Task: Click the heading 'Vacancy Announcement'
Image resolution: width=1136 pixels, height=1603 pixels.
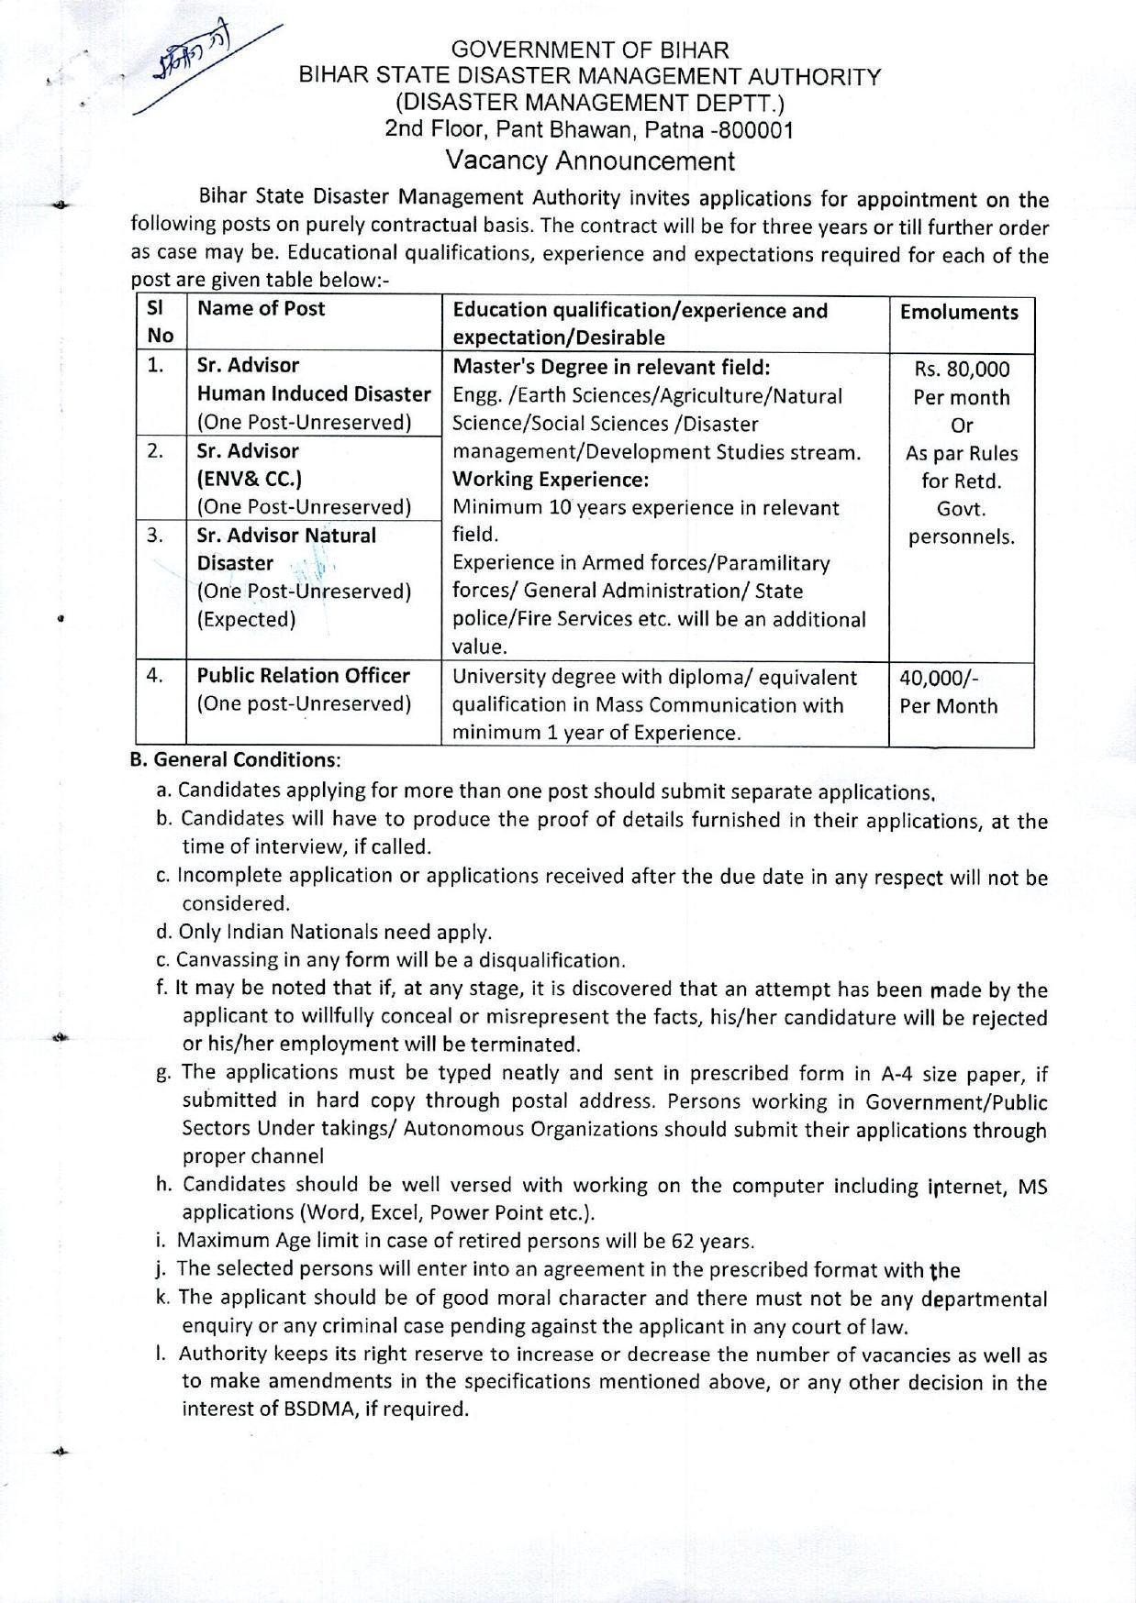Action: [x=590, y=161]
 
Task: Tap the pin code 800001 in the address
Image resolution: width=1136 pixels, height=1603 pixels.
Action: [x=757, y=130]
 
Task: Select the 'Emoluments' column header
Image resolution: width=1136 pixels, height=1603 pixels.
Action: [x=959, y=313]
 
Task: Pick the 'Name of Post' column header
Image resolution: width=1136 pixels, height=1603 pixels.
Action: [x=262, y=309]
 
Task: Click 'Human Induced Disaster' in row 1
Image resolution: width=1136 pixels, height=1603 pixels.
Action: [x=314, y=394]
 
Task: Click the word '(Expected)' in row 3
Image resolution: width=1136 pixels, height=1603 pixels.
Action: [x=247, y=620]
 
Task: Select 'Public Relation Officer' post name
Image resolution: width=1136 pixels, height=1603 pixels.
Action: [x=304, y=676]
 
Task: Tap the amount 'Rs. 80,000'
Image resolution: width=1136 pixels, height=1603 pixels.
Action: [x=962, y=370]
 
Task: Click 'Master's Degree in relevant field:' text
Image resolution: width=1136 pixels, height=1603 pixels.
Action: [x=611, y=368]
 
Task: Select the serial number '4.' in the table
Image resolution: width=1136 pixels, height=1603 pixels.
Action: [x=155, y=676]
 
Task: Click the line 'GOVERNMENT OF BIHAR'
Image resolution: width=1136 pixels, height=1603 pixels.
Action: [x=591, y=50]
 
